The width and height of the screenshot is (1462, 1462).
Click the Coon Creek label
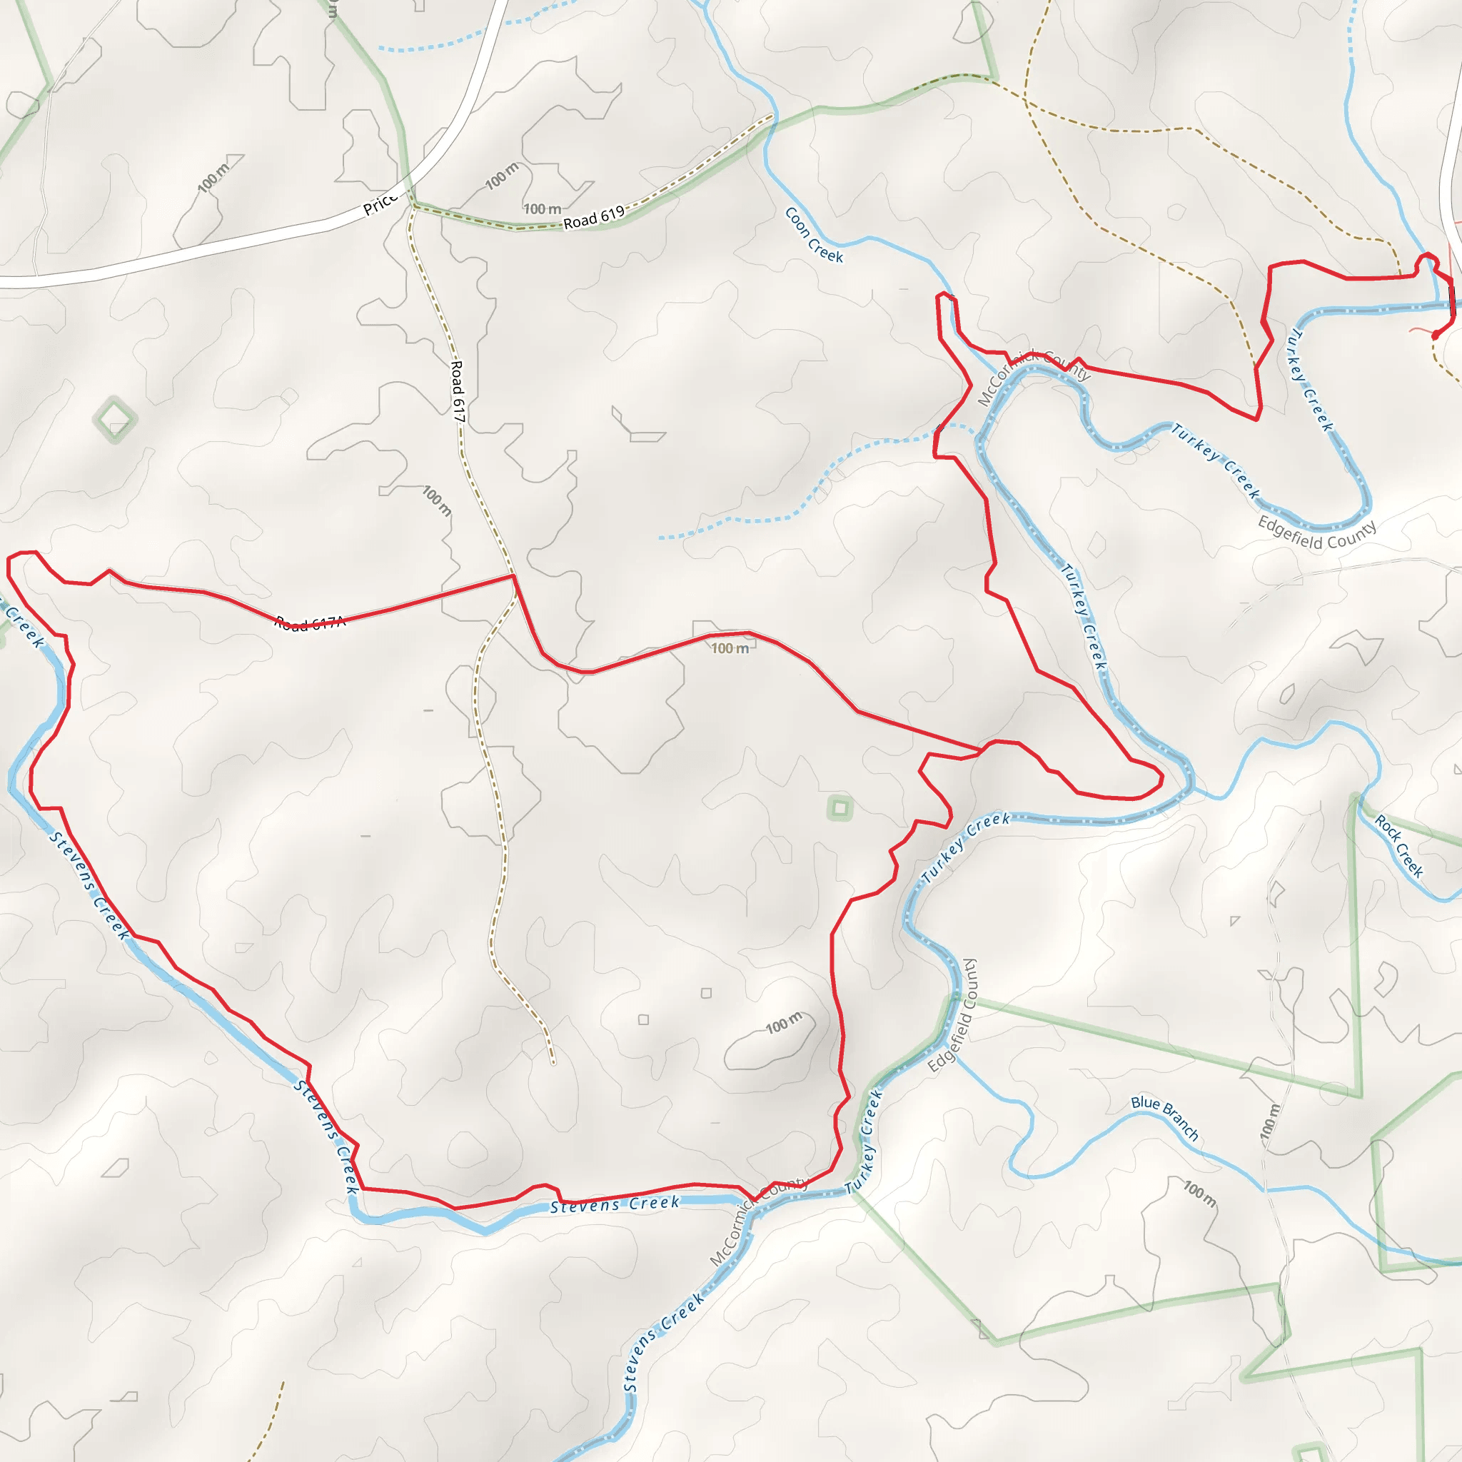(814, 235)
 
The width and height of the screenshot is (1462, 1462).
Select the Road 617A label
(311, 622)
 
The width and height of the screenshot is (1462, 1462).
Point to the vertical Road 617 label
(458, 391)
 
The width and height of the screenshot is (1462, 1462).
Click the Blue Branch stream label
(1164, 1118)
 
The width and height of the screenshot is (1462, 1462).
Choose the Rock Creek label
(1399, 846)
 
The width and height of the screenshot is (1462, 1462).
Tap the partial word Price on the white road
(380, 203)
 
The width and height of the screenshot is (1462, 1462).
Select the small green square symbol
(840, 808)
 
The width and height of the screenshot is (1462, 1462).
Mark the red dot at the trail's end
(1436, 335)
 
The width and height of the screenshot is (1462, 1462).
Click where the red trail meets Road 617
(514, 576)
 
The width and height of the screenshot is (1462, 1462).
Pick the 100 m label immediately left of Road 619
(543, 209)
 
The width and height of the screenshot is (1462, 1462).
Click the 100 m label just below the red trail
(730, 647)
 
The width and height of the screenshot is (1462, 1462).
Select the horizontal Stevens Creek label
(615, 1205)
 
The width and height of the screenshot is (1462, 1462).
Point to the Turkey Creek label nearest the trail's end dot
(1310, 380)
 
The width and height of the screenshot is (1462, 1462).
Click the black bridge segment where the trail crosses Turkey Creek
(1451, 297)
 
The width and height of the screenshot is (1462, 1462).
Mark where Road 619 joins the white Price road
(411, 203)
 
